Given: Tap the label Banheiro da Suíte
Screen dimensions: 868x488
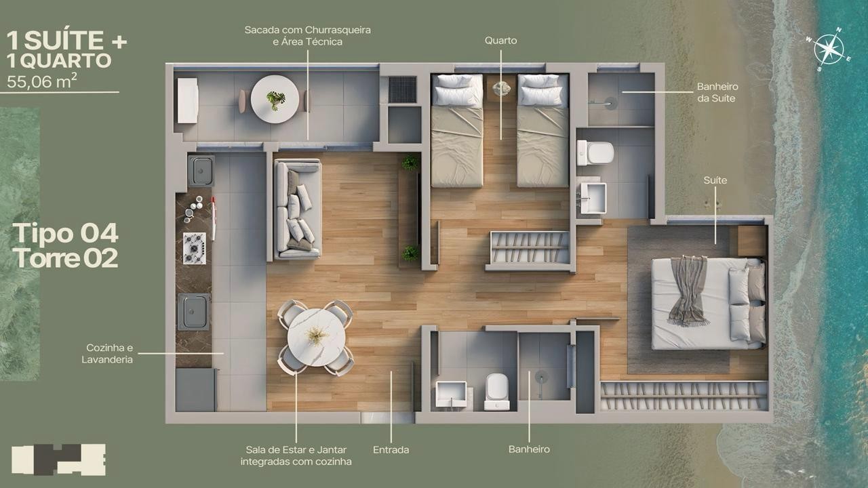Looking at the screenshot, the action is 717,92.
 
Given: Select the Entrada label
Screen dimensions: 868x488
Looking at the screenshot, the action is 391,449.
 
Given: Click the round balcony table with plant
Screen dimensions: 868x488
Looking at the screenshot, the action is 275,99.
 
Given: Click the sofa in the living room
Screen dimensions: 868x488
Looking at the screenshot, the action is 298,209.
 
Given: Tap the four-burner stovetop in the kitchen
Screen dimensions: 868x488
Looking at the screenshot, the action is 194,248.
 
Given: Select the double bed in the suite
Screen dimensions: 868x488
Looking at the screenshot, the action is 709,303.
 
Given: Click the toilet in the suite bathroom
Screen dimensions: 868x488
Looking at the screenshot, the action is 595,152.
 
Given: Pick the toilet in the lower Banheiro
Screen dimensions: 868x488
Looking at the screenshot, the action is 497,392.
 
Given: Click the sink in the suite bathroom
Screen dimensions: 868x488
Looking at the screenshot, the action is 593,199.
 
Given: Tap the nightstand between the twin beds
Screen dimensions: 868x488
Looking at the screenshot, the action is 500,88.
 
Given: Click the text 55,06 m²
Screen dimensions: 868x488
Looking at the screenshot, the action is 42,81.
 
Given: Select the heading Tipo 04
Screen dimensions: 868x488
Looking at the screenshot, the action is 65,233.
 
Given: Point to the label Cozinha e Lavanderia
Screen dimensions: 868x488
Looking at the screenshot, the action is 107,353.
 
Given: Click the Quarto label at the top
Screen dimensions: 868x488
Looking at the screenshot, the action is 500,41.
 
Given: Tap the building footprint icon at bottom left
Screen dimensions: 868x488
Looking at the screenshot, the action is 58,460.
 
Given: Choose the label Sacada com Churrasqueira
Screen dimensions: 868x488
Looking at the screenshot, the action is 308,30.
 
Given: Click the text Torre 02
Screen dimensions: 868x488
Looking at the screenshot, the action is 65,258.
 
